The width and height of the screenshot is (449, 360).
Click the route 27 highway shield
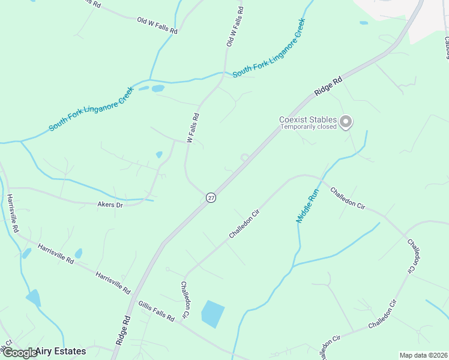coord(211,197)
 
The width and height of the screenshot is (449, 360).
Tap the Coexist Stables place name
coord(307,119)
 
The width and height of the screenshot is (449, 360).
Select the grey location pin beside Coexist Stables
coord(345,122)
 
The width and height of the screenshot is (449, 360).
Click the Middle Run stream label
coord(307,206)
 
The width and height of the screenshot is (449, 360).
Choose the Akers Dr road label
coord(110,205)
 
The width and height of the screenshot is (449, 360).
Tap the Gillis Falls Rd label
coord(155,310)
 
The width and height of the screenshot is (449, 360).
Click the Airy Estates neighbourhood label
coord(61,351)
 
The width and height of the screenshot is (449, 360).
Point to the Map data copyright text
coord(423,355)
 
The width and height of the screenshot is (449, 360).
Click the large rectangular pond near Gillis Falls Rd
coord(212,314)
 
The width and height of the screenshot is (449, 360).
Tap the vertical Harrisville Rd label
coord(11,214)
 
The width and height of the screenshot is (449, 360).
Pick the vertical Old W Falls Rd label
coord(235,27)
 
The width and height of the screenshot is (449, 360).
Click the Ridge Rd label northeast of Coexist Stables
coord(328,86)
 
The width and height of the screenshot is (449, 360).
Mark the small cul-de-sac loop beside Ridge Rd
coord(245,158)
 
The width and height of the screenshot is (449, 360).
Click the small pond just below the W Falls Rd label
coord(159,155)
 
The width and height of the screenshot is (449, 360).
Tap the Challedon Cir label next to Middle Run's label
coord(348,198)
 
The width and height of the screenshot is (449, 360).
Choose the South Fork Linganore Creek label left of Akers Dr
coord(91,109)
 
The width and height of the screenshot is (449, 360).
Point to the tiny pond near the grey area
coord(364,23)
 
